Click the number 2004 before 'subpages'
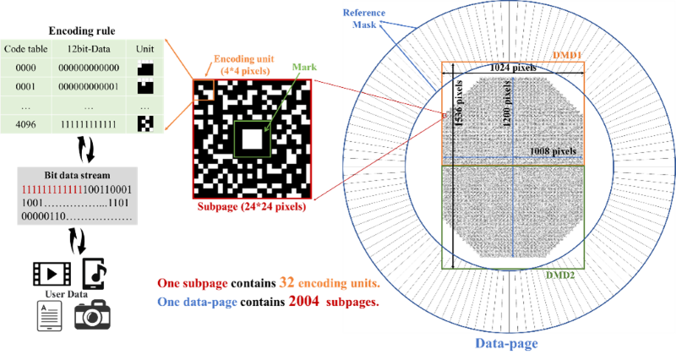pos(305,300)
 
